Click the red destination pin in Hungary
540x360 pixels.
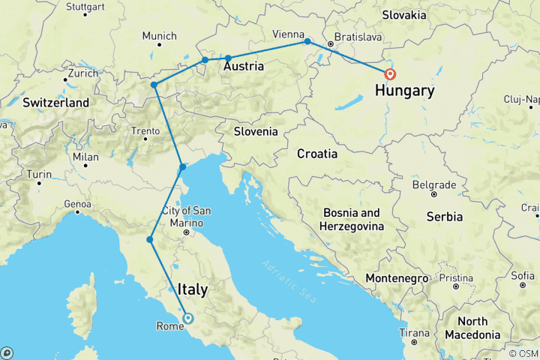[x=390, y=74]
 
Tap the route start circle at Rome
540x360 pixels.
[x=187, y=318]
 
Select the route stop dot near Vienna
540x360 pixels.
[x=307, y=42]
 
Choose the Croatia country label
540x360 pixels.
[x=316, y=154]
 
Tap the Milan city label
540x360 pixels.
[x=85, y=157]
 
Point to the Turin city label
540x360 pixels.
[x=39, y=174]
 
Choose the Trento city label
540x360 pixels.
[x=145, y=131]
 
